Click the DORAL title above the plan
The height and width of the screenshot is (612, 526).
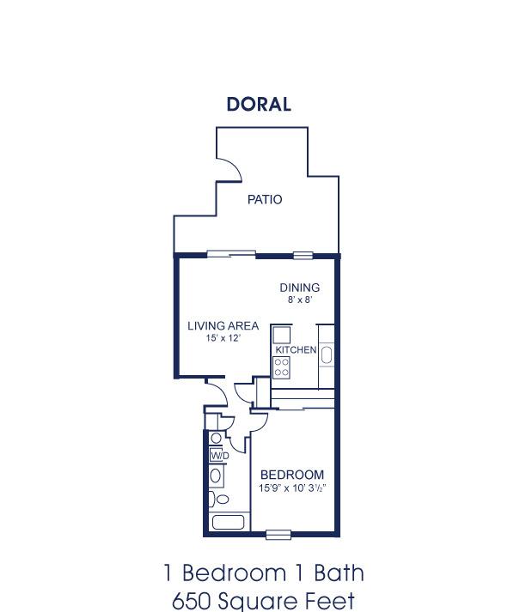(x=259, y=104)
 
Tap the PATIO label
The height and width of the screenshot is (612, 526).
(x=265, y=199)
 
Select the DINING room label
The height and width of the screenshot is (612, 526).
(x=300, y=288)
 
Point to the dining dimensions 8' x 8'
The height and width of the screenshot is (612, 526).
(x=300, y=300)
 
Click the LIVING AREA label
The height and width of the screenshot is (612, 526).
(x=223, y=325)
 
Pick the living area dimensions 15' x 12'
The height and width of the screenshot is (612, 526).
(x=223, y=338)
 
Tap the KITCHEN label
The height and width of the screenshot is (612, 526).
(x=296, y=349)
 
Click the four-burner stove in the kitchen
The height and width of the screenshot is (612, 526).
(x=281, y=367)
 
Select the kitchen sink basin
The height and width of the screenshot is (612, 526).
(x=327, y=355)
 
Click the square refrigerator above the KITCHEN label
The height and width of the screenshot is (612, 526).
(x=281, y=335)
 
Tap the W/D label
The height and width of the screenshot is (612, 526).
(x=220, y=456)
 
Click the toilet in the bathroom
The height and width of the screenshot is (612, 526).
(x=218, y=500)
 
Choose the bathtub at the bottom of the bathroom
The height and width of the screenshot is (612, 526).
(x=229, y=522)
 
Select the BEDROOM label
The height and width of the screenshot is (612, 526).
(x=292, y=475)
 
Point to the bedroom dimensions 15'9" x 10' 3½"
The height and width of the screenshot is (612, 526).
(x=292, y=488)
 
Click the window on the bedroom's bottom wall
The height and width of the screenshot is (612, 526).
(x=278, y=535)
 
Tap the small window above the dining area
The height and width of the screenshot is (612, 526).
(x=303, y=256)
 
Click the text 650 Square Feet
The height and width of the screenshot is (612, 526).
(x=263, y=601)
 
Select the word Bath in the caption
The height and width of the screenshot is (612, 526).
(x=339, y=573)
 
